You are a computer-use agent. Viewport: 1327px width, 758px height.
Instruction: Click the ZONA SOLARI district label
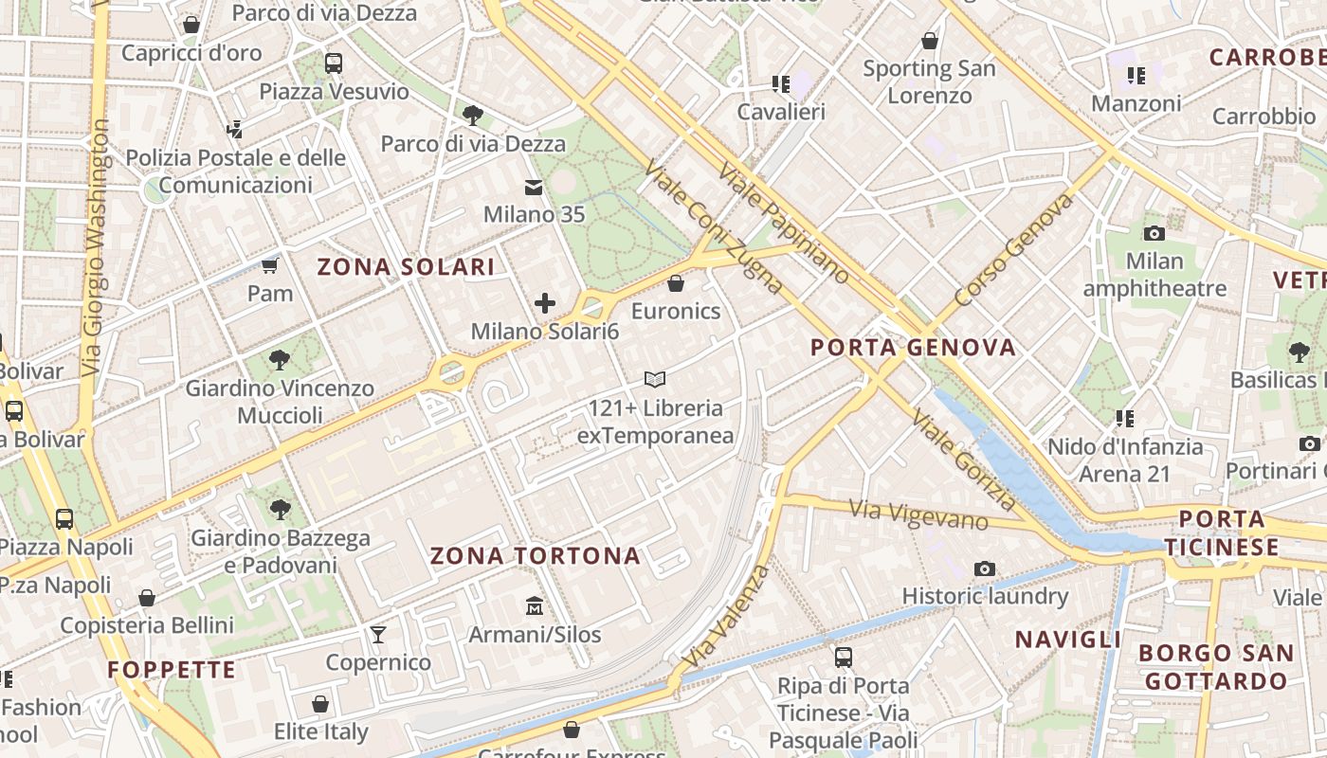(x=406, y=267)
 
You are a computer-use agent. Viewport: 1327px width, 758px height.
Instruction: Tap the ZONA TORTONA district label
(x=536, y=556)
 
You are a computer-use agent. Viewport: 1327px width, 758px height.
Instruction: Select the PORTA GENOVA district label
(x=913, y=348)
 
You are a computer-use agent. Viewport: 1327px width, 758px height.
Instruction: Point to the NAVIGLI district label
(x=1068, y=640)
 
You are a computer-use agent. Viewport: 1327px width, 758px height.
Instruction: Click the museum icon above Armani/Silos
(x=535, y=605)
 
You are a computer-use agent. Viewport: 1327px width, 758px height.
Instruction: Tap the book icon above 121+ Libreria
(x=654, y=380)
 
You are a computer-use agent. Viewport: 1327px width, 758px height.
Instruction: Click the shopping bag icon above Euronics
(x=676, y=282)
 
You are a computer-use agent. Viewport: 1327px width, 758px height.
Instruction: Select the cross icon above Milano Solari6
(x=545, y=303)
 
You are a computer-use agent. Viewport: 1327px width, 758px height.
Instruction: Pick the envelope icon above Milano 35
(x=534, y=187)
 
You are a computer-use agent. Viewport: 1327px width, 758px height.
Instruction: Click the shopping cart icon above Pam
(x=270, y=265)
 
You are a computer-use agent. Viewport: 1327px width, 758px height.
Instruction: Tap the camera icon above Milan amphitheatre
(x=1154, y=232)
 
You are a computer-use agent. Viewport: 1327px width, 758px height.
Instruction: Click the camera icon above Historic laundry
(x=985, y=568)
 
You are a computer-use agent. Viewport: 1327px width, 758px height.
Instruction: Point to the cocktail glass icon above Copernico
(x=378, y=634)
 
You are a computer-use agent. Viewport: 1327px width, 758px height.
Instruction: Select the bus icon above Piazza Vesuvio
(x=334, y=63)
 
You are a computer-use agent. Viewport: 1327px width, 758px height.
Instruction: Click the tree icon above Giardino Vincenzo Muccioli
(x=279, y=359)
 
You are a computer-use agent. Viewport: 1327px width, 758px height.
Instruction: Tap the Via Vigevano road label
(x=918, y=515)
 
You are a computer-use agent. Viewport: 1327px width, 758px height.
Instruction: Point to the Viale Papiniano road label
(x=784, y=224)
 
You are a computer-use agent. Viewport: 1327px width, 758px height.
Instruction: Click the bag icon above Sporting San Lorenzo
(x=930, y=41)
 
